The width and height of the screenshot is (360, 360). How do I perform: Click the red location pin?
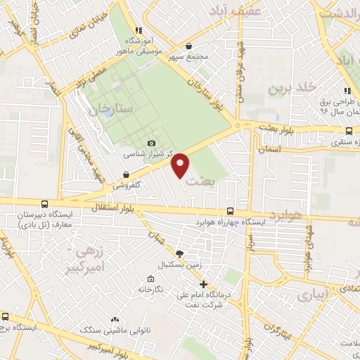click(181, 165)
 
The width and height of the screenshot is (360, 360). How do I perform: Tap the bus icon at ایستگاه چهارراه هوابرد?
click(231, 211)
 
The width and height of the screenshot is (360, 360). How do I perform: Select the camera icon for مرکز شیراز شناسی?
click(150, 143)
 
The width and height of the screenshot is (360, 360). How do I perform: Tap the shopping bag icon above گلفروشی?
click(125, 175)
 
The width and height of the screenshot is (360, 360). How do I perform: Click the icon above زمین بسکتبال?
click(181, 253)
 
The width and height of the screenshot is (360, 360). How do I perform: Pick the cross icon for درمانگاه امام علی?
click(203, 285)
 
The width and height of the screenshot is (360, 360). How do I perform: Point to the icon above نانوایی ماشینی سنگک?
click(115, 319)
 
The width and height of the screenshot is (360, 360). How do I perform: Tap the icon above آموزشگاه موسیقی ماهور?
click(139, 30)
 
